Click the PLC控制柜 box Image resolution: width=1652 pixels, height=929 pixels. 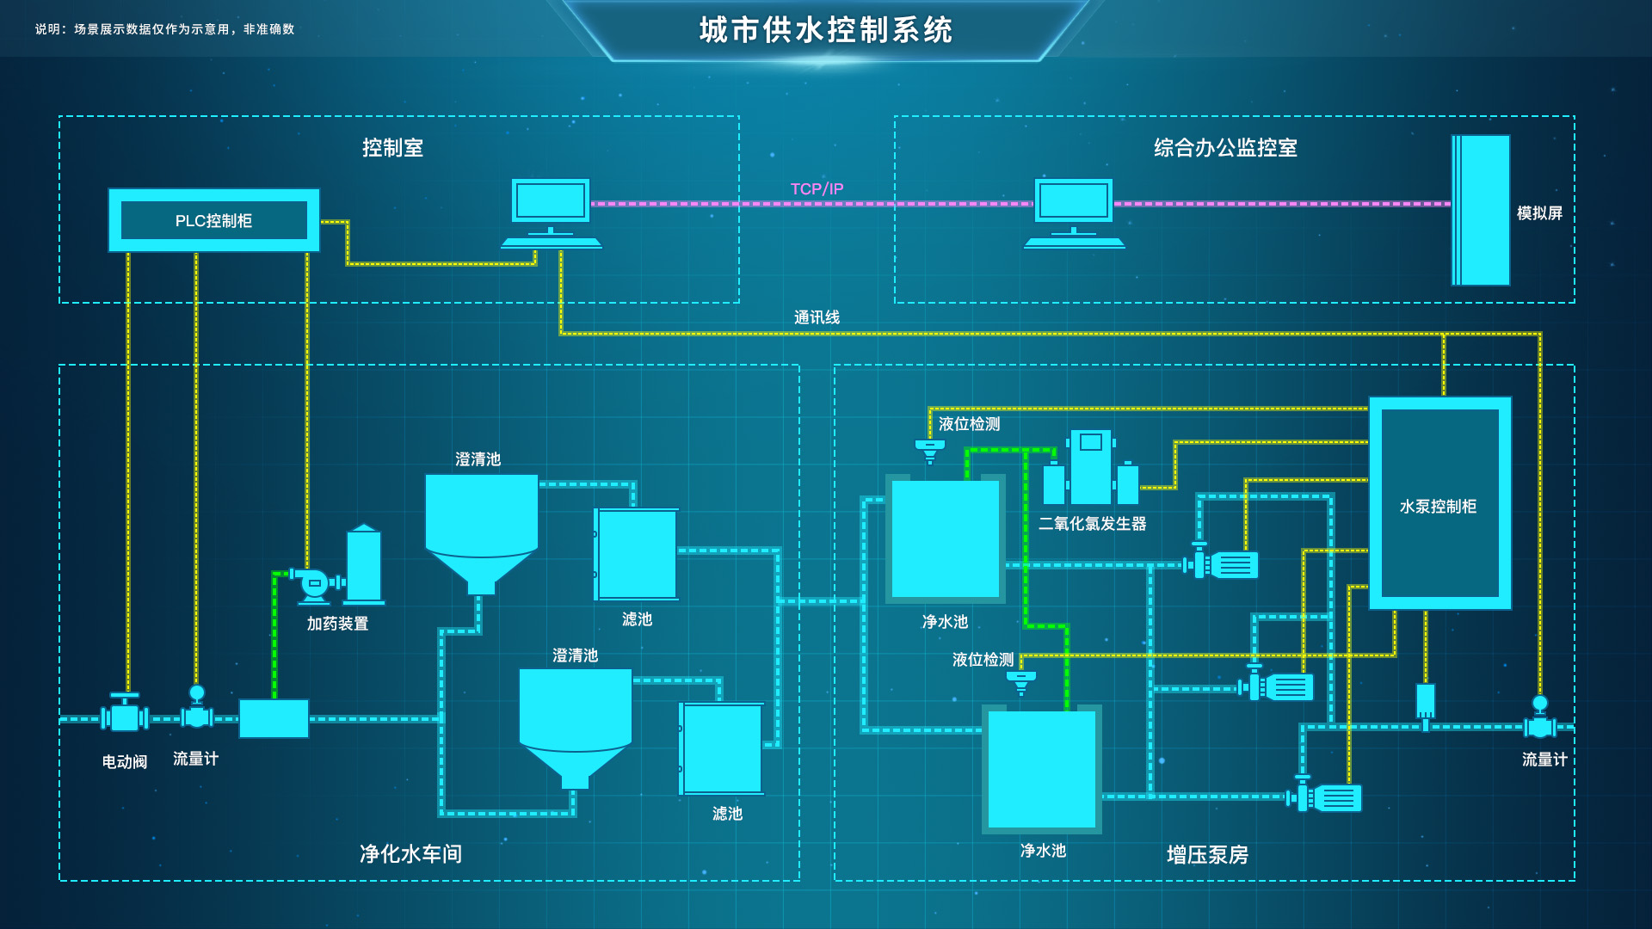click(213, 220)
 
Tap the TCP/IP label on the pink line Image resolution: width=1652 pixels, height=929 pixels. click(817, 188)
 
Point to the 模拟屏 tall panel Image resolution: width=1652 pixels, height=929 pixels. click(1481, 210)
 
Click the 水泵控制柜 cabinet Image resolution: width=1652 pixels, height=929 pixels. click(1439, 503)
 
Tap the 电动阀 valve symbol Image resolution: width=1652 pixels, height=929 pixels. click(125, 717)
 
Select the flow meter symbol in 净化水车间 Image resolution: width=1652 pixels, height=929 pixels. click(197, 711)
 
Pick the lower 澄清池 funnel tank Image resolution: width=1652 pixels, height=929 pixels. click(575, 723)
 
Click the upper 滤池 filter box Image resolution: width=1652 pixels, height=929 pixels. click(637, 554)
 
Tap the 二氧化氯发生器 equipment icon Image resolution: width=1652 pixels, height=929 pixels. click(1091, 469)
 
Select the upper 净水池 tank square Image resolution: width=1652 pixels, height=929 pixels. click(945, 538)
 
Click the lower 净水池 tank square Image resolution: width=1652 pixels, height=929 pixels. click(1041, 769)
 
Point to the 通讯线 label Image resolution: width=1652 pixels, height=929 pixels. click(817, 317)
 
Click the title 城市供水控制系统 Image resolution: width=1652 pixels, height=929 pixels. click(826, 30)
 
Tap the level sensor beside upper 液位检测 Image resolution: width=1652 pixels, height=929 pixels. click(929, 450)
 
